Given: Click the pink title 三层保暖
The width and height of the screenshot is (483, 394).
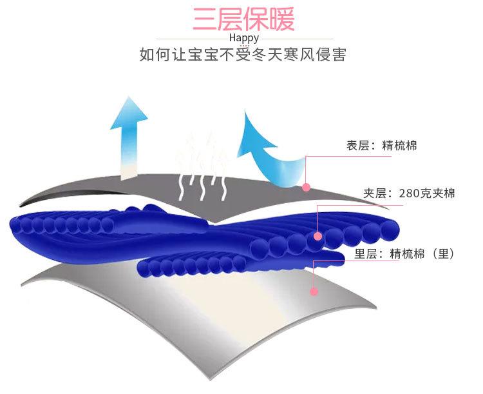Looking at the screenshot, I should click(x=243, y=19).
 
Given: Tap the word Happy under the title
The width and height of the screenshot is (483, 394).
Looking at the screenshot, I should click(x=243, y=37).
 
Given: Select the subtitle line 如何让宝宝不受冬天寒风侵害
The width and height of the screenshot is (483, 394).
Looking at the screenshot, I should click(x=243, y=55).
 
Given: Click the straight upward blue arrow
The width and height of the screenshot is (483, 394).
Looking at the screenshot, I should click(x=129, y=135).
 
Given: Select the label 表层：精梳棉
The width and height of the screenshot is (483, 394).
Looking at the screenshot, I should click(x=381, y=146).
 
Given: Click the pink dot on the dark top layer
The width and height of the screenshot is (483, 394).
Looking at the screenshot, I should click(x=307, y=188).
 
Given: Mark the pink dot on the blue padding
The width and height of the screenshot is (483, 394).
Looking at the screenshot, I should click(x=317, y=237).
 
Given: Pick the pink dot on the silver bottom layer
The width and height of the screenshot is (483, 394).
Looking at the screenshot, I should click(x=314, y=291).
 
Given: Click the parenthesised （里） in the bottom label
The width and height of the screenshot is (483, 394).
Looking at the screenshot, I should click(x=443, y=254).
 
